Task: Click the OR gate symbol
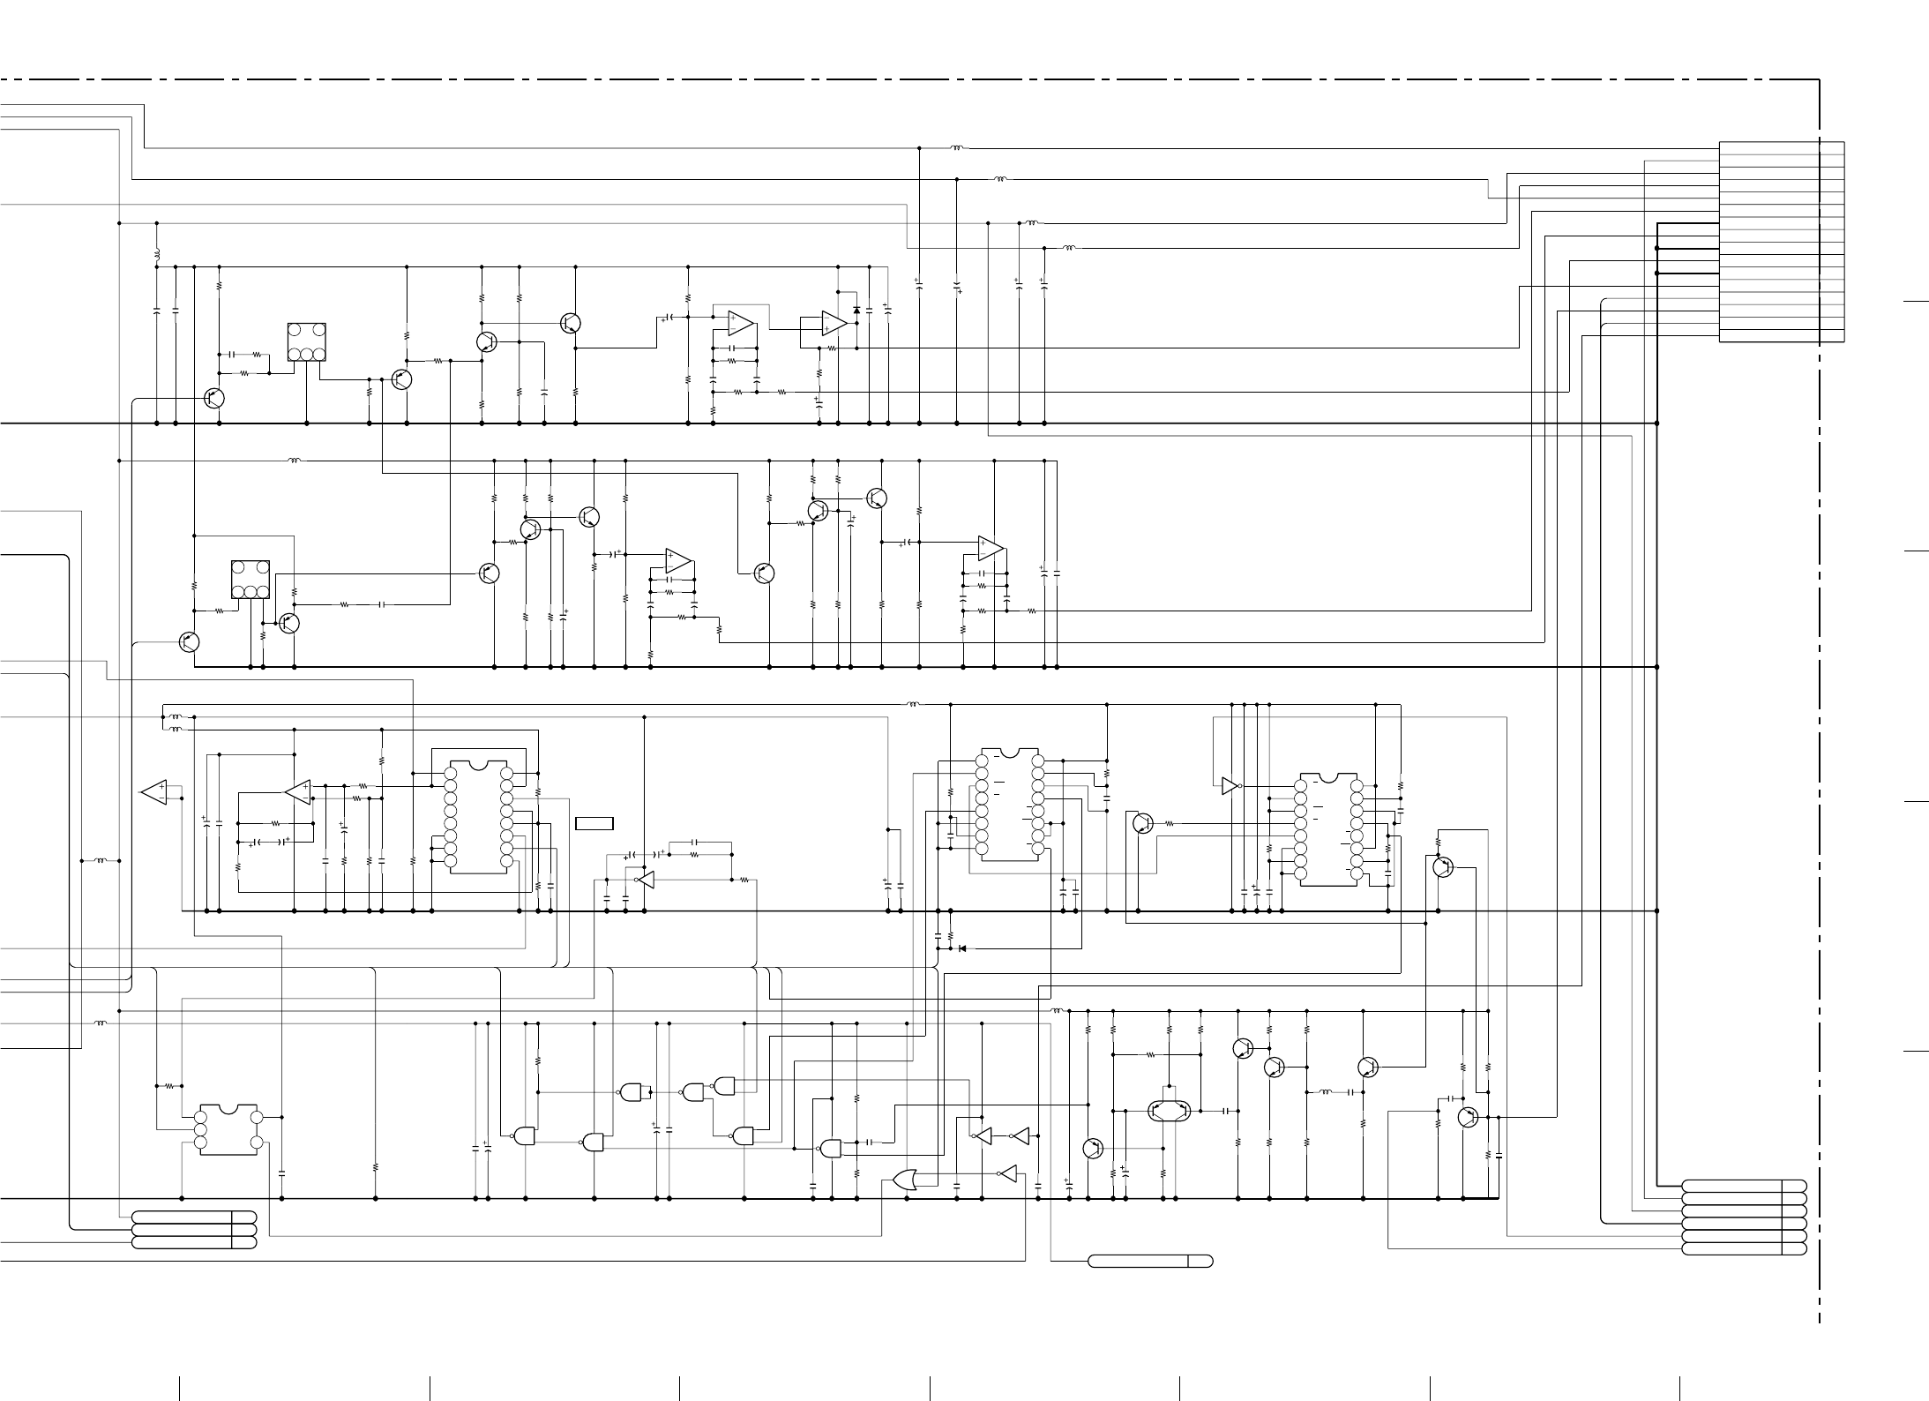pos(904,1180)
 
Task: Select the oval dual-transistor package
pos(1170,1111)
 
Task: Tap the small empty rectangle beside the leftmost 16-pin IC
pos(594,824)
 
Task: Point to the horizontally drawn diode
pos(961,948)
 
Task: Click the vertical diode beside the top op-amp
pos(856,311)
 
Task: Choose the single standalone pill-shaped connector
pos(1150,1261)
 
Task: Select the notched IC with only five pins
pos(228,1129)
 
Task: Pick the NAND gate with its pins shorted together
pos(633,1092)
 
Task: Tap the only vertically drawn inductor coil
pos(157,255)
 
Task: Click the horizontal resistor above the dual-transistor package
pos(1150,1054)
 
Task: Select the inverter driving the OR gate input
pos(1006,1174)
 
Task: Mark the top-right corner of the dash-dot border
pos(1820,80)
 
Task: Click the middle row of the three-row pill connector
pos(194,1230)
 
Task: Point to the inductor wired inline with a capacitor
pos(1325,1092)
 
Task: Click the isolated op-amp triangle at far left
pos(154,792)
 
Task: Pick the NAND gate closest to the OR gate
pos(830,1148)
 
